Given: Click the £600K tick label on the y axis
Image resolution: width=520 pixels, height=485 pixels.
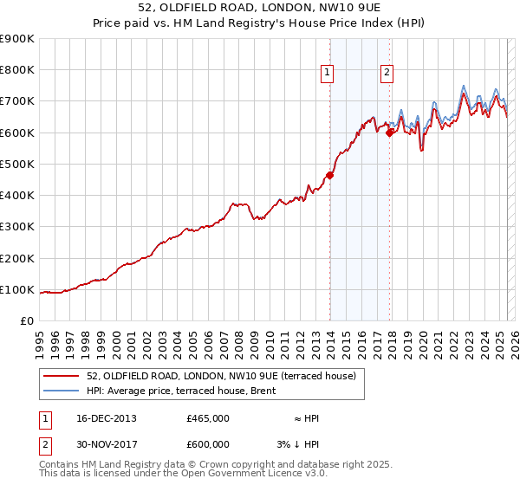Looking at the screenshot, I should [x=18, y=133].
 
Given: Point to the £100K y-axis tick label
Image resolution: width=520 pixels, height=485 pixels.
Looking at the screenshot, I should [x=18, y=289].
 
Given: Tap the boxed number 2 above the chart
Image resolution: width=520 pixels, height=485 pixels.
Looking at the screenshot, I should [x=386, y=73].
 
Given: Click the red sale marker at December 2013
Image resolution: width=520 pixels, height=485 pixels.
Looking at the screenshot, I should [x=329, y=175].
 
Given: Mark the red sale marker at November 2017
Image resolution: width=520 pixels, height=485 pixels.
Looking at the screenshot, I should [x=390, y=133].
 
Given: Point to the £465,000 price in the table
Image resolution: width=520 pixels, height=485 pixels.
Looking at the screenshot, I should [x=208, y=418].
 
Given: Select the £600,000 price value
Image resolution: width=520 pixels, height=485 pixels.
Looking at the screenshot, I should [x=208, y=443].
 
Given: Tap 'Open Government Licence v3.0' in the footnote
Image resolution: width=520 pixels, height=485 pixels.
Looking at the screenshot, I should [x=255, y=474].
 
